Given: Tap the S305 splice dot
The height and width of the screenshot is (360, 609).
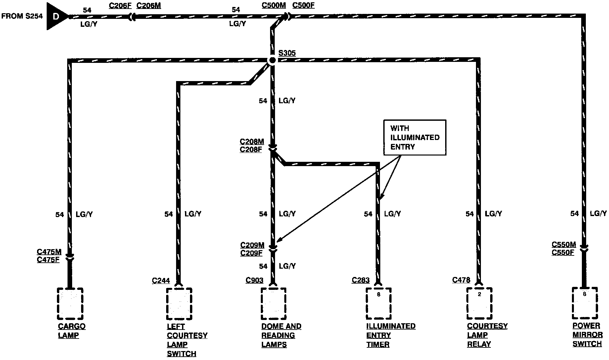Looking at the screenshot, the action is [272, 60].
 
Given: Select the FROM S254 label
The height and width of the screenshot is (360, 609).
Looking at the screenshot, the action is [22, 16].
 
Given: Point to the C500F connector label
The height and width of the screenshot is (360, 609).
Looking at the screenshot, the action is [304, 6].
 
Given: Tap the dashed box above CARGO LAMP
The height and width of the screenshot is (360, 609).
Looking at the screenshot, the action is [70, 303].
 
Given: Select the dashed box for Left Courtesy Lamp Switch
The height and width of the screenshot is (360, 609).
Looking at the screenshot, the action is [179, 303].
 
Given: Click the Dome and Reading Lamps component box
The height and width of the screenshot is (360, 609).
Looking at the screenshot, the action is [273, 303].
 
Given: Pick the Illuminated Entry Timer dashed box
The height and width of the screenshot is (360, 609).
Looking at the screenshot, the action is [379, 303].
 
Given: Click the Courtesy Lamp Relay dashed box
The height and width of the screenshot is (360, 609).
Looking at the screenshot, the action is [479, 303].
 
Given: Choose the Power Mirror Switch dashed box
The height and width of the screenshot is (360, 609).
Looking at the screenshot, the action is [585, 303].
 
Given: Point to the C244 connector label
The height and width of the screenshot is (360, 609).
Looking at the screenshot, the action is [161, 281].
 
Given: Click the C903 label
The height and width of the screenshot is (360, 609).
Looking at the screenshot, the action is [255, 281].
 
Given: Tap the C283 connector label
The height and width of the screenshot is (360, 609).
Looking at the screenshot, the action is [360, 281].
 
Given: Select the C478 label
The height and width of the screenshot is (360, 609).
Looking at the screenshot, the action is [461, 280].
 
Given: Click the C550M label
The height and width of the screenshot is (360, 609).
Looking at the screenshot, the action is [564, 245].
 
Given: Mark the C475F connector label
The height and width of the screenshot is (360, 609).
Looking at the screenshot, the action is [48, 260].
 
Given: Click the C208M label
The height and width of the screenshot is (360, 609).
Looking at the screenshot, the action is [252, 142].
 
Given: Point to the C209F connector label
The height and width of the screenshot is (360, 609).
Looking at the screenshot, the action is [251, 253].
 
